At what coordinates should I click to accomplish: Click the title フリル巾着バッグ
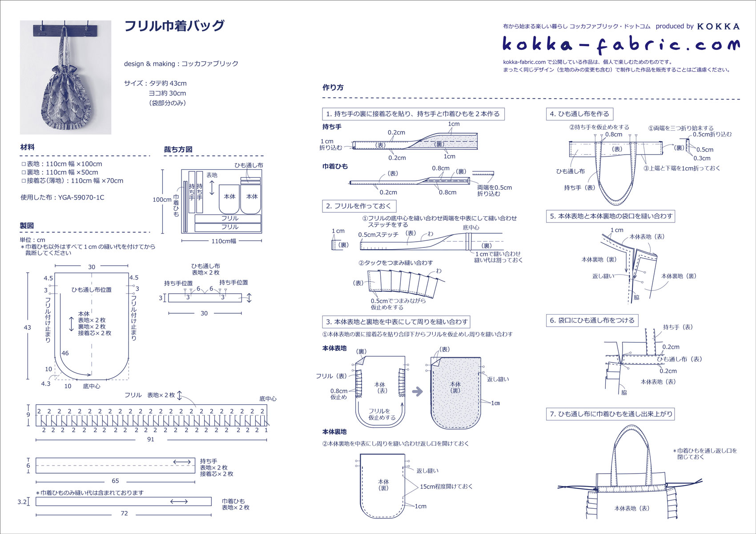174,26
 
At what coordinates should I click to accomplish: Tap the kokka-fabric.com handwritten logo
621,44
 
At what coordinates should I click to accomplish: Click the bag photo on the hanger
65,77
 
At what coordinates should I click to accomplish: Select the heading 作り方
333,88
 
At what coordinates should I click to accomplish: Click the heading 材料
27,147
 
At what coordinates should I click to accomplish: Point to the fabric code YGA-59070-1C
81,197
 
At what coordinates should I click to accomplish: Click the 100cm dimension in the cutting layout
161,199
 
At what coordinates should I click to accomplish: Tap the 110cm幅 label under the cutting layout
223,241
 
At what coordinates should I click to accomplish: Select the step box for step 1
413,114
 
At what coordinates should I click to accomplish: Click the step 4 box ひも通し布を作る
579,114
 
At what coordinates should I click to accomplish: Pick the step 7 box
611,414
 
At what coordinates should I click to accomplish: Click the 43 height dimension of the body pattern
28,327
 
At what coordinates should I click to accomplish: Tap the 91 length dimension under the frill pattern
151,439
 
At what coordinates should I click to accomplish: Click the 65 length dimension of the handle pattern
115,481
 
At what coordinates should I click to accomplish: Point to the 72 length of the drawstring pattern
124,513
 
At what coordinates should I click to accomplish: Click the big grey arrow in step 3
417,391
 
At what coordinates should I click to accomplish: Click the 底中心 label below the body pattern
92,387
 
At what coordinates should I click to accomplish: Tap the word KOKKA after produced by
718,26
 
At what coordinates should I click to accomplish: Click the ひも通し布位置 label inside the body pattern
92,290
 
